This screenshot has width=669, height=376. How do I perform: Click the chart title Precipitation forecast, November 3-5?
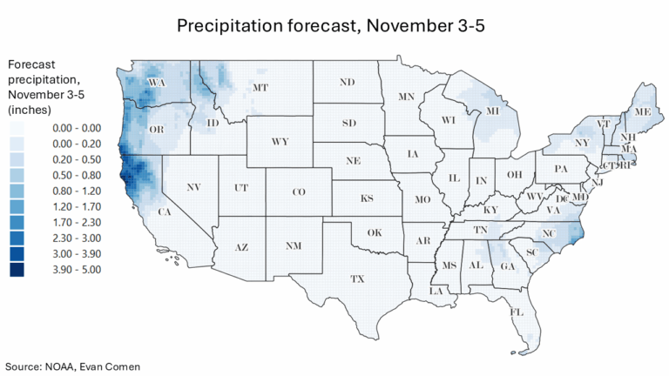click(x=330, y=26)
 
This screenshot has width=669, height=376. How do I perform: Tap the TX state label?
click(x=357, y=279)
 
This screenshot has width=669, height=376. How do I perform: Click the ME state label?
click(x=643, y=112)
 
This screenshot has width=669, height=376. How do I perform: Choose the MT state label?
click(x=260, y=88)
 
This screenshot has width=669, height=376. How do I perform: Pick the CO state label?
click(x=298, y=191)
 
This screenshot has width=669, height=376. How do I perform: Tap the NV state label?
click(x=193, y=187)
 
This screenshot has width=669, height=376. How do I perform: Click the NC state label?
click(x=548, y=233)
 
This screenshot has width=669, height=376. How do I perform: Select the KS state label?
click(x=368, y=198)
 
